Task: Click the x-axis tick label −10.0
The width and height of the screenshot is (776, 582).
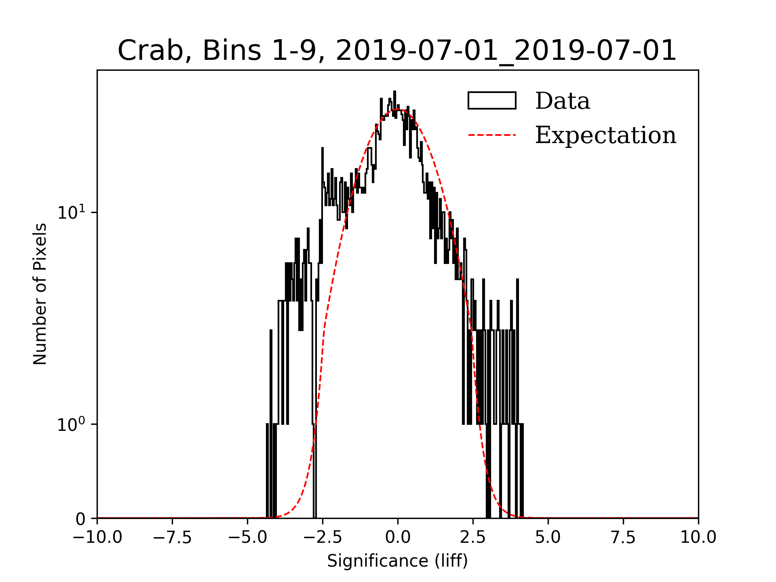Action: point(97,537)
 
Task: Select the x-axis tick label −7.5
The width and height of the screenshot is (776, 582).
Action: point(172,537)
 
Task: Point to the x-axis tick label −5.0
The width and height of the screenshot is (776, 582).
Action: point(247,537)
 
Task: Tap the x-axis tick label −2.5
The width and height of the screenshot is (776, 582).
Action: point(323,537)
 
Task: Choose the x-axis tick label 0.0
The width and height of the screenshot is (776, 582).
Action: point(398,537)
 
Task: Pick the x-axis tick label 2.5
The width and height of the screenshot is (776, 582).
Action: point(473,537)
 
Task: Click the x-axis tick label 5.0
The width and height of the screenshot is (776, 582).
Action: point(548,537)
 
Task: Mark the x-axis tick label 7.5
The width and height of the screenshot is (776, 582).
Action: point(623,537)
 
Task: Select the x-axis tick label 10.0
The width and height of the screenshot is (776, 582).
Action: point(698,537)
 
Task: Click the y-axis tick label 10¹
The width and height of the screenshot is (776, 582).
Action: point(72,212)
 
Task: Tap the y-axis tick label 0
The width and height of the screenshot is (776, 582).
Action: point(80,519)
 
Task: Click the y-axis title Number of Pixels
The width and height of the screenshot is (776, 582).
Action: point(40,294)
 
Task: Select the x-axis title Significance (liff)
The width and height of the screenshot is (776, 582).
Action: point(397,561)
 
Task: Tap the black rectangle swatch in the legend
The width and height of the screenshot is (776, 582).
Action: point(492,101)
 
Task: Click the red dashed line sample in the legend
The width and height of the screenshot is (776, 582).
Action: point(492,135)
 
